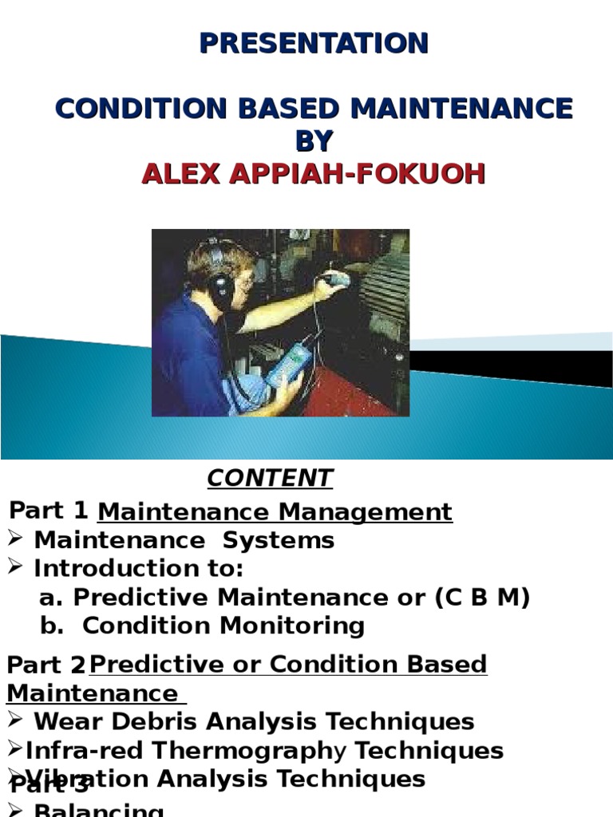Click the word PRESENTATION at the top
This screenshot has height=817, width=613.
314,43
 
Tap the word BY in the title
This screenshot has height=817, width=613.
314,141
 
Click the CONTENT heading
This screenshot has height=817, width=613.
270,478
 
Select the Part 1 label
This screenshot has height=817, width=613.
48,509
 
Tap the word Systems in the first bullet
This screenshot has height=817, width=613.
278,540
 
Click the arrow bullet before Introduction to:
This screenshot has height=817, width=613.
14,568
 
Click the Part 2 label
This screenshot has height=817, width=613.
45,665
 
